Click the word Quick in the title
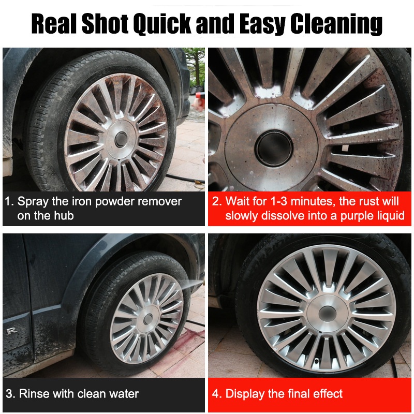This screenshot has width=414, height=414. [162, 24]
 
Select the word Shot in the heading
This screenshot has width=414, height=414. [105, 23]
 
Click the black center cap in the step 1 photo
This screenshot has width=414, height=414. [121, 139]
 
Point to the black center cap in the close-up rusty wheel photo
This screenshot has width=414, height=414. [274, 148]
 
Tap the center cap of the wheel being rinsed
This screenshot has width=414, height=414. [148, 319]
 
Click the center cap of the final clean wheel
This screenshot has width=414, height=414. [327, 314]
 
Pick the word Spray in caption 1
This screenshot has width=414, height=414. [33, 202]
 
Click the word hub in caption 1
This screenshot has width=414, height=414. [64, 215]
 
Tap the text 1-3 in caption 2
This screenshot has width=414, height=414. [279, 201]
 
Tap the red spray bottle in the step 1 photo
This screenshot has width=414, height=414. [199, 101]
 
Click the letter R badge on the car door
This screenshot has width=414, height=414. [11, 330]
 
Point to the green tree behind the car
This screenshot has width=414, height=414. [196, 63]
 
